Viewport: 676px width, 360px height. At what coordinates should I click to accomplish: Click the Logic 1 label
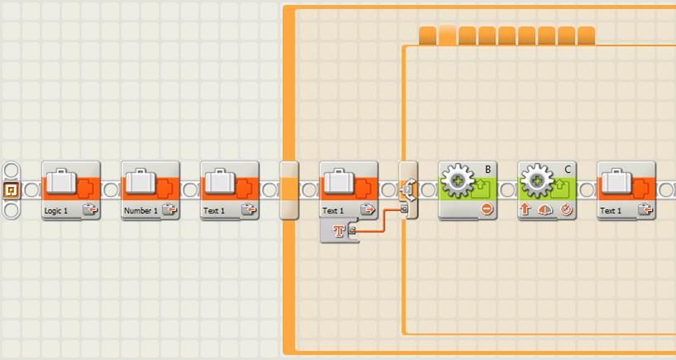coord(56,211)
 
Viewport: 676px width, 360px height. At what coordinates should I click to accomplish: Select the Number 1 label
coord(141,211)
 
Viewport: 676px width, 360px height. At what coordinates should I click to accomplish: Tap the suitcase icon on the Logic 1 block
coord(61,181)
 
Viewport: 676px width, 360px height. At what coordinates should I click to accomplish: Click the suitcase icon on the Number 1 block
coord(141,181)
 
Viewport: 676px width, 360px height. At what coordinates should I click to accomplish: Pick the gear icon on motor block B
coord(458,180)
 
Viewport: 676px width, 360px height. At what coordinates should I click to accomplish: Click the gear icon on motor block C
coord(537,180)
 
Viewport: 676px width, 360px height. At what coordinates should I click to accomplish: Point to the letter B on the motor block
coord(487,170)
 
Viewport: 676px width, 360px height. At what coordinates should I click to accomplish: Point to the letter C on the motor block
coord(568,170)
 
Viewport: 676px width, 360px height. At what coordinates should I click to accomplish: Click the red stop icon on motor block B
coord(487,209)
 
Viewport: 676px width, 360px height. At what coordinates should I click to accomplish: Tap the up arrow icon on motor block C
coord(525,209)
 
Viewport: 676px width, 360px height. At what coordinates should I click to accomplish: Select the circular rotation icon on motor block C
coord(566,209)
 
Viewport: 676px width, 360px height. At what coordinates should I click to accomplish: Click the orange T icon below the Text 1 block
coord(339,231)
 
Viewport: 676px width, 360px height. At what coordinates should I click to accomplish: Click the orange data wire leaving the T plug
coord(380,220)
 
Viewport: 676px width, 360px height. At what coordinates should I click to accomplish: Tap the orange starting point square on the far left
coord(12,190)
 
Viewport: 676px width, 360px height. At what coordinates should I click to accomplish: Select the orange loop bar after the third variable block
coord(289,190)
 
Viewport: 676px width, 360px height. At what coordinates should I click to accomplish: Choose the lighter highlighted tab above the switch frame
coord(448,36)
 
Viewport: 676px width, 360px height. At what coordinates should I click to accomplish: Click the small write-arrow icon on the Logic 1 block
coord(90,210)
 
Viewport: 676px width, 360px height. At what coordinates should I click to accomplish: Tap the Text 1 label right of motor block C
coord(611,211)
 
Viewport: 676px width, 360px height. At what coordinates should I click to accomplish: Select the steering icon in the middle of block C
coord(545,210)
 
